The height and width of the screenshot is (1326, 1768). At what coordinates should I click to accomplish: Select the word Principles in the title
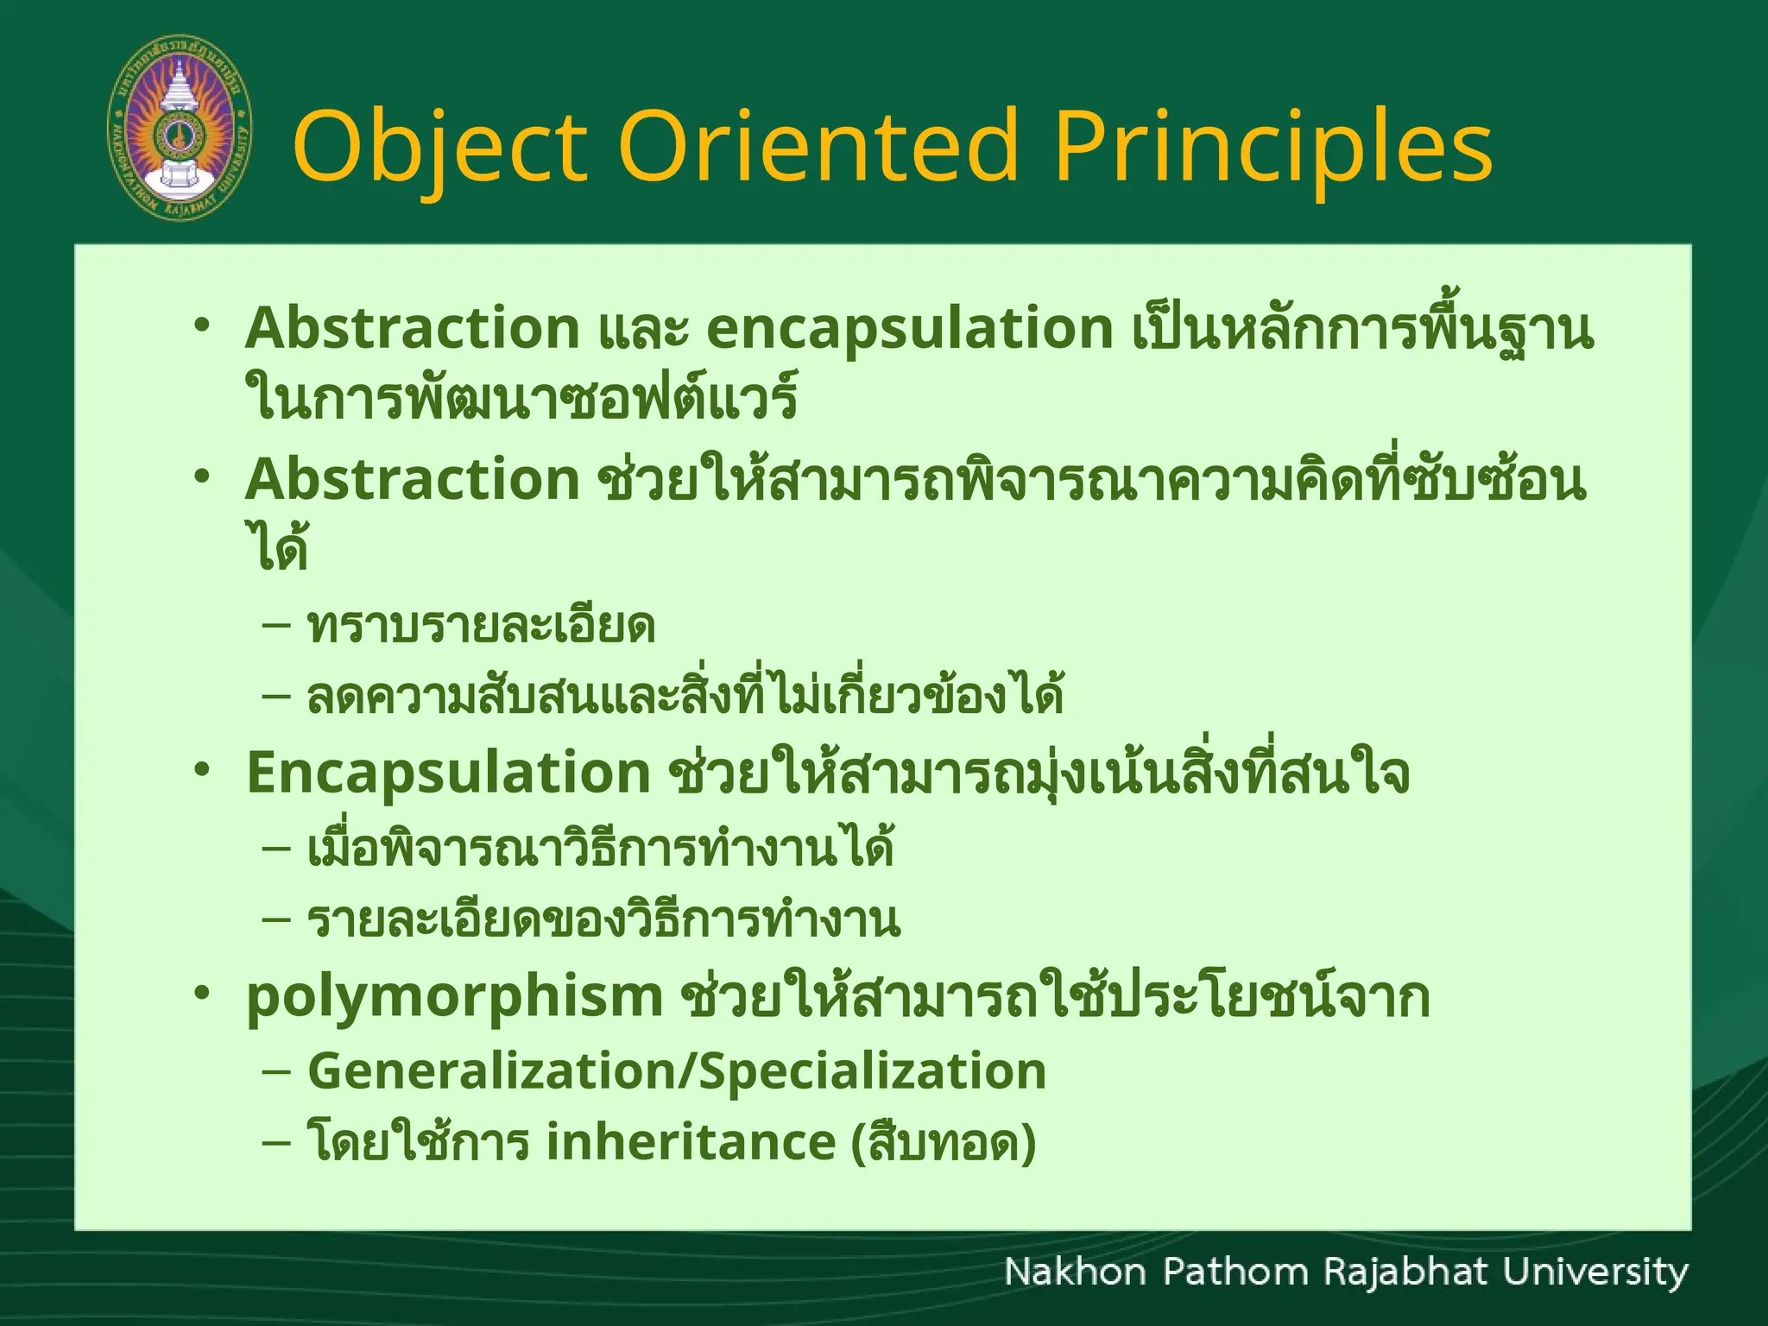(1273, 147)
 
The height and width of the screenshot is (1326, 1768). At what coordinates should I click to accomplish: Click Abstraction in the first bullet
(413, 328)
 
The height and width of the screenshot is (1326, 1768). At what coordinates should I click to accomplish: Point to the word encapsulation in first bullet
(910, 330)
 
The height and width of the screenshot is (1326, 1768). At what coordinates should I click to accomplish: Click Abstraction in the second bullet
(413, 479)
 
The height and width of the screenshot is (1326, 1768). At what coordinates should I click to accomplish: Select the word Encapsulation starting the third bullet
(448, 773)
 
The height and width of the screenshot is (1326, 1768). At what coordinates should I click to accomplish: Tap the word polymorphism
(454, 997)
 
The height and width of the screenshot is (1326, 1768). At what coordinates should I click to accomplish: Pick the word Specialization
(872, 1071)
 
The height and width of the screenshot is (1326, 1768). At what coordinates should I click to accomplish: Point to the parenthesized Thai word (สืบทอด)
(944, 1142)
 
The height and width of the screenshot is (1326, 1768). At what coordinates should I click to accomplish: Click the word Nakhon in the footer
(1075, 1272)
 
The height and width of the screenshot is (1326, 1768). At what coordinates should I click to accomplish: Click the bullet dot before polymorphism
(202, 994)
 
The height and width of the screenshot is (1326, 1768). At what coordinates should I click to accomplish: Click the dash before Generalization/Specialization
(275, 1071)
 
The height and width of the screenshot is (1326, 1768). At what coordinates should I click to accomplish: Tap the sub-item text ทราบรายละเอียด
(481, 626)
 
